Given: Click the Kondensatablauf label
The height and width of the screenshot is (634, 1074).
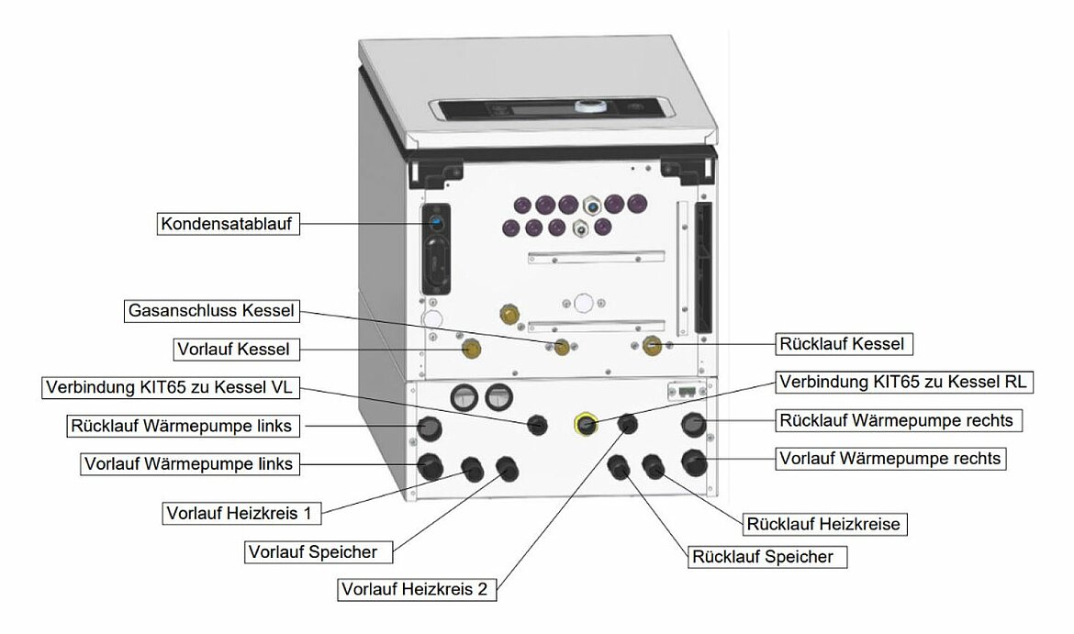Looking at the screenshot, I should (229, 224).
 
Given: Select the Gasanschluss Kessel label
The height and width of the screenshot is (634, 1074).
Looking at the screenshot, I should (211, 312).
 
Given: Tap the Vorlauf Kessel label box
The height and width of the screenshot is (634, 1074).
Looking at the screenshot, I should (235, 350).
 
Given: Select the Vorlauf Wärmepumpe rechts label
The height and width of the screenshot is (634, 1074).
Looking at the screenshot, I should (889, 457).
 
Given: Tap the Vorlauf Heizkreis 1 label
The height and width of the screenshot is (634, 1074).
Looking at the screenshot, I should (244, 513).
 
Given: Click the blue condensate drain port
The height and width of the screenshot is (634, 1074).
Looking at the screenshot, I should (437, 222).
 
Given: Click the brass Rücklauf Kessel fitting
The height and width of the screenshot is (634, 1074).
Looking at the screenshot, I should (653, 345).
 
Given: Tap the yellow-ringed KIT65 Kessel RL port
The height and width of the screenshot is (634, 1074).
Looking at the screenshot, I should (585, 424).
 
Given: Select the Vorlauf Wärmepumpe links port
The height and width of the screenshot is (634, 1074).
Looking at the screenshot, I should (430, 466).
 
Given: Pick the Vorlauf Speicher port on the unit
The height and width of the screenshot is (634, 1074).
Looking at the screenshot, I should (506, 470).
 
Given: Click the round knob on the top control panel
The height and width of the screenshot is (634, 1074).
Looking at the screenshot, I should (586, 106).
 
